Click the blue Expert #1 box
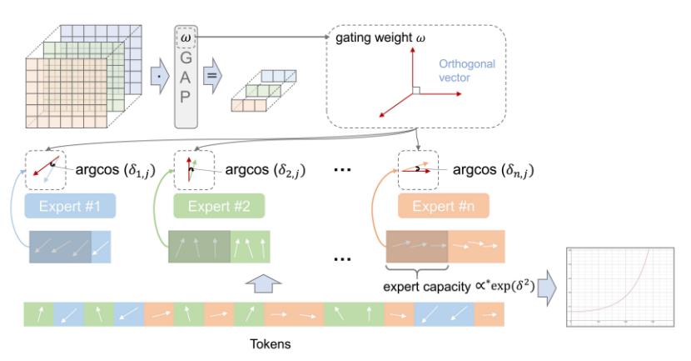click(70, 205)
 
